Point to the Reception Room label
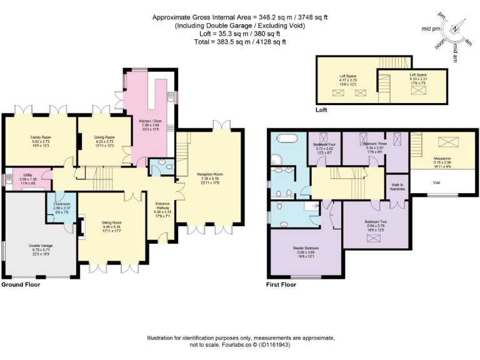click(209, 174)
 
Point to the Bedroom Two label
click(376, 222)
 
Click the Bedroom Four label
click(323, 144)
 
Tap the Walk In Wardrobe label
click(397, 186)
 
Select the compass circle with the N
click(455, 29)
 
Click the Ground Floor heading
click(21, 284)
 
